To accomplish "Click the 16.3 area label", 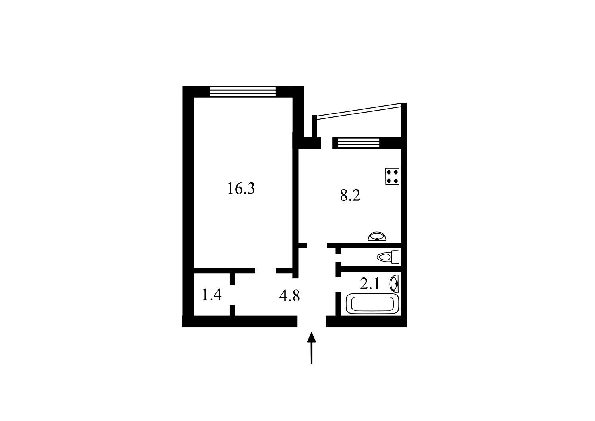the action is click(x=241, y=188).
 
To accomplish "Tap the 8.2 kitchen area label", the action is click(x=350, y=196).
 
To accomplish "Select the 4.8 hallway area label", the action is click(x=289, y=296).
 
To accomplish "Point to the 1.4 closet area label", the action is click(x=212, y=295).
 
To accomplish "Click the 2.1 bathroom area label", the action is click(x=370, y=284).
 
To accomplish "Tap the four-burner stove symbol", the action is click(x=392, y=176).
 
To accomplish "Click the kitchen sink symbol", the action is click(x=377, y=236).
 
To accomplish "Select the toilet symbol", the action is click(x=388, y=257).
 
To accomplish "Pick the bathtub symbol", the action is click(x=372, y=304).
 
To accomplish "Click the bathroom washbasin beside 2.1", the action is click(x=394, y=283).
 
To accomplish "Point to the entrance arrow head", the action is click(x=312, y=337).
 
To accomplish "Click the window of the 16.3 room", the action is click(x=243, y=92).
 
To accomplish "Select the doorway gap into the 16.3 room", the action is click(x=266, y=271).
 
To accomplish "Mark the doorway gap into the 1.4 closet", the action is click(x=232, y=295).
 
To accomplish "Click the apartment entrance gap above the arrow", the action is click(x=312, y=321).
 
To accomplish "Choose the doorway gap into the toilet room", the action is click(x=338, y=258).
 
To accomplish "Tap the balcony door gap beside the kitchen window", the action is click(x=327, y=143).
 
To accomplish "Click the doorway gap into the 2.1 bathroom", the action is click(x=338, y=284).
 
